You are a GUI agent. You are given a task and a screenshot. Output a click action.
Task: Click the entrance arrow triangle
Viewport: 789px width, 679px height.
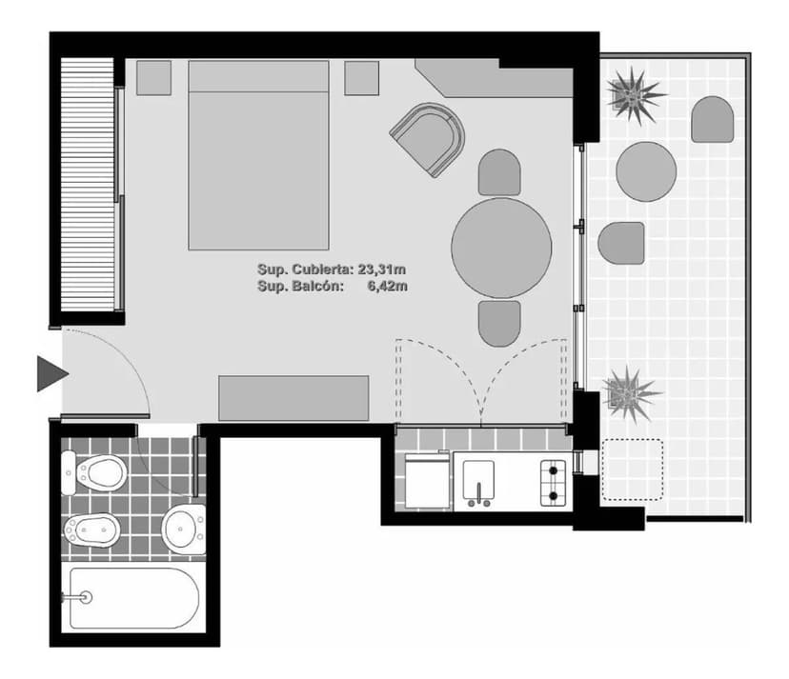pos(51,373)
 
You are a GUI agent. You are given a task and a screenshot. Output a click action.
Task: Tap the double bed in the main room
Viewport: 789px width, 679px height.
pos(258,155)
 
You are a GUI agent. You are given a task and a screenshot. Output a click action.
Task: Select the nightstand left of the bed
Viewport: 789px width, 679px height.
pos(154,78)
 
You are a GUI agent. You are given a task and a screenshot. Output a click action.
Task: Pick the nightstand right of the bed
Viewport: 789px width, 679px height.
pos(362,78)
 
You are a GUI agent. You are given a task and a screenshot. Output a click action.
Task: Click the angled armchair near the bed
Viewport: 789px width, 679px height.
pos(429,139)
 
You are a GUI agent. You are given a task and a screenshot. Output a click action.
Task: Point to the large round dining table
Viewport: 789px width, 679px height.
pos(501,248)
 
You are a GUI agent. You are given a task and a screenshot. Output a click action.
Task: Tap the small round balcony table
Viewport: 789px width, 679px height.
pos(646,171)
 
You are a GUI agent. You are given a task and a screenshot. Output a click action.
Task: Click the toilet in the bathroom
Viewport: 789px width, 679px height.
pos(94,472)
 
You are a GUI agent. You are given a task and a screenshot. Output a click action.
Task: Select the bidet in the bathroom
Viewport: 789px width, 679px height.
pos(91,530)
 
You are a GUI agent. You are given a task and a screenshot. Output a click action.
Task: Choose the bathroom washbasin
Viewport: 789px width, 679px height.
pos(184,529)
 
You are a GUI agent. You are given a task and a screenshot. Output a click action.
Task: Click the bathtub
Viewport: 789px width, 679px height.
pos(134,598)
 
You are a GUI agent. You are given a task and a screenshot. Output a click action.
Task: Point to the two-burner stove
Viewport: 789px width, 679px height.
pos(553,483)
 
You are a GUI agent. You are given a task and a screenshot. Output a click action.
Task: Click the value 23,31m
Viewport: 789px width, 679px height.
pos(382,270)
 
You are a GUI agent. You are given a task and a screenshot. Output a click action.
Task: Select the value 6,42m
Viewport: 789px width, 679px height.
pos(387,287)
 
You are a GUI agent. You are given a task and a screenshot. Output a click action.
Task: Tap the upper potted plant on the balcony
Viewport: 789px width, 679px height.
pos(635,95)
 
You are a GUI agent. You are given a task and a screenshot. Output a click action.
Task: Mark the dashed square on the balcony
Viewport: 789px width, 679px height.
pos(633,469)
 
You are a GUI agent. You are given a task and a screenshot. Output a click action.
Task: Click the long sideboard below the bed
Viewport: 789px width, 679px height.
pos(293,398)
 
